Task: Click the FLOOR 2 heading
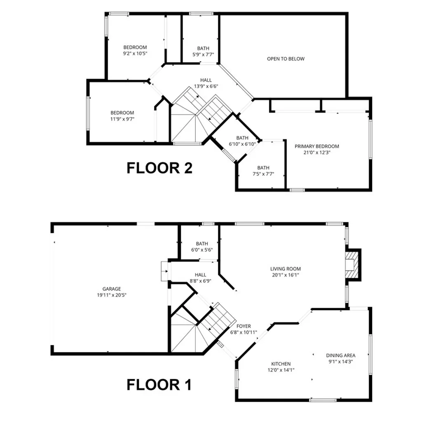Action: [159, 168]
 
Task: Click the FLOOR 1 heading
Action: [159, 385]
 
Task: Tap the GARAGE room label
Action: [112, 289]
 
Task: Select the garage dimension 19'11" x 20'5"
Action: [112, 295]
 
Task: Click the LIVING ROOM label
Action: [285, 269]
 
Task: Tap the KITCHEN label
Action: [281, 364]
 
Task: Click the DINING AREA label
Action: [340, 355]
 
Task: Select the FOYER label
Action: [244, 326]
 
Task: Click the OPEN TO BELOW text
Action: [286, 59]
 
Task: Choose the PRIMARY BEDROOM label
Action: [316, 146]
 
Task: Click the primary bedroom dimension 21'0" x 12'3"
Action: [316, 153]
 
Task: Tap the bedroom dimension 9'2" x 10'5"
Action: [135, 54]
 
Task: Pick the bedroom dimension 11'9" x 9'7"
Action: [122, 119]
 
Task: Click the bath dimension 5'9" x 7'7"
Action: [203, 54]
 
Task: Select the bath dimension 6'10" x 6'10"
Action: [242, 144]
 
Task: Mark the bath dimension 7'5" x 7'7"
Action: [263, 174]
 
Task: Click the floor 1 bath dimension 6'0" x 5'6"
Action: [202, 250]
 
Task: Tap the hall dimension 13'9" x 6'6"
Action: [206, 87]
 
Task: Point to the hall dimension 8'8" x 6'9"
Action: [201, 281]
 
